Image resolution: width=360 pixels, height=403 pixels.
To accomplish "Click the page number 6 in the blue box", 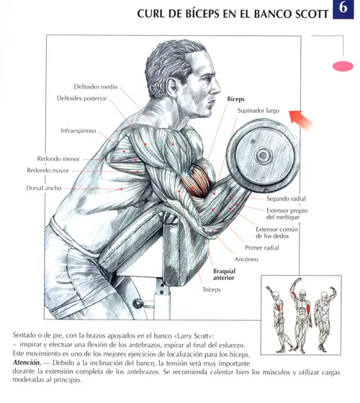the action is point(343,8).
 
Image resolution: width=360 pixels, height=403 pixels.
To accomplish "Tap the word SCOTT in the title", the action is point(312,14).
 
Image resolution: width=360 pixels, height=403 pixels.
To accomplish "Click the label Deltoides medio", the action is point(95,86).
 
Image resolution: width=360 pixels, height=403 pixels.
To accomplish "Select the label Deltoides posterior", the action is point(81,99).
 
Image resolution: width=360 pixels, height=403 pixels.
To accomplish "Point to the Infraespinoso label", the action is point(78,130).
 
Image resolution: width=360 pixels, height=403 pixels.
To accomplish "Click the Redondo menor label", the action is point(58,159).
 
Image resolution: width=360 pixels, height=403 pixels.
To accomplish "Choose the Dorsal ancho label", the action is point(44,188).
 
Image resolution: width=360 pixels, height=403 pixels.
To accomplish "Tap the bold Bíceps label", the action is point(236,99).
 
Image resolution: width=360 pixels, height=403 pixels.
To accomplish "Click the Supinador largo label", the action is point(258,111).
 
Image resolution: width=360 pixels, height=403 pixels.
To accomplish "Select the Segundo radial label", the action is point(286,199).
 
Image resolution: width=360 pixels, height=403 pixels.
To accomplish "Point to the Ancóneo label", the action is point(246,259).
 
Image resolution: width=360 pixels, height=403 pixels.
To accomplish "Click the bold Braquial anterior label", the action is point(224,274).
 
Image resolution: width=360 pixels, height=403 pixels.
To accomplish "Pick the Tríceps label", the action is point(212,289).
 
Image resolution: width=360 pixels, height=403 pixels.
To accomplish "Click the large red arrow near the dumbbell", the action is point(300,119).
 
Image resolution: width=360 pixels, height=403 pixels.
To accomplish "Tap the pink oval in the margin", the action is point(343,66).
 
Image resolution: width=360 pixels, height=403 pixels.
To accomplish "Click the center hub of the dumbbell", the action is point(264,155).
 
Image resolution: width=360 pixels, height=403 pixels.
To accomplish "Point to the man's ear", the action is point(172,86).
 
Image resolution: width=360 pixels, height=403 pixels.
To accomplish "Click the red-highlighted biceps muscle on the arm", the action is point(196,181).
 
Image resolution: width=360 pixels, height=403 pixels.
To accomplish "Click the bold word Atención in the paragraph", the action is point(27,363).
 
